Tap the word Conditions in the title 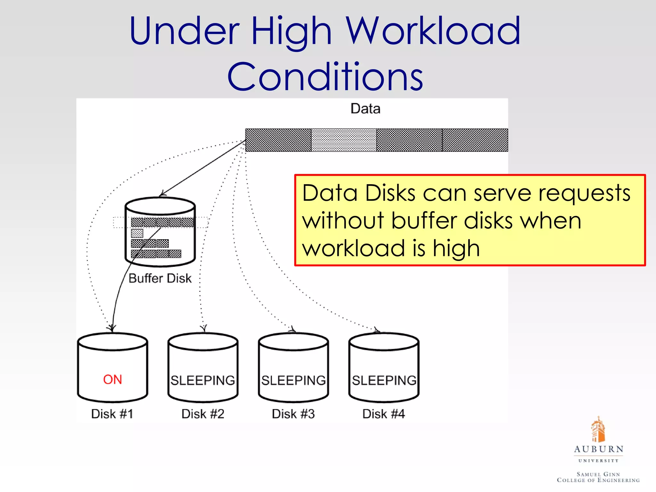coord(325,77)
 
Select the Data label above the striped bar coord(365,109)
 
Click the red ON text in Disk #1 coord(112,380)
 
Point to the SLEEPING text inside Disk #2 coord(203,381)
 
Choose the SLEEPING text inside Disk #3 coord(293,381)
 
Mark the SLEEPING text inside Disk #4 coord(384,381)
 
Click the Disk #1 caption coord(112,414)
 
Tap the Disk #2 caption coord(203,414)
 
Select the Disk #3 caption coord(293,414)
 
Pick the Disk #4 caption coord(384,414)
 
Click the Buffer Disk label coord(160,278)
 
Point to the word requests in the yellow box coord(584,193)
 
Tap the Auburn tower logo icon coord(598,429)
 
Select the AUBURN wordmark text coord(599,449)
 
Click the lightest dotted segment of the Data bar coord(344,140)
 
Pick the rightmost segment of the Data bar coord(475,140)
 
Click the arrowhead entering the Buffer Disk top coord(162,193)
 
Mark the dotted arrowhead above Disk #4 coord(377,330)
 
